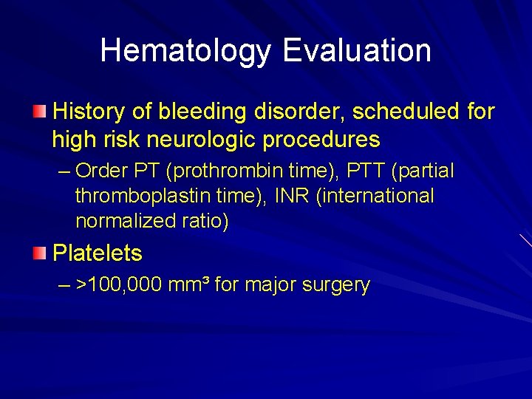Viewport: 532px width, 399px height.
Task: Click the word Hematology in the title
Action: click(187, 51)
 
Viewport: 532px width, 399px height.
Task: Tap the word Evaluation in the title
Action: click(357, 51)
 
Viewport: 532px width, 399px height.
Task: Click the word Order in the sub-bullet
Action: click(103, 171)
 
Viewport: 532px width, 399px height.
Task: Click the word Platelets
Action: click(98, 253)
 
